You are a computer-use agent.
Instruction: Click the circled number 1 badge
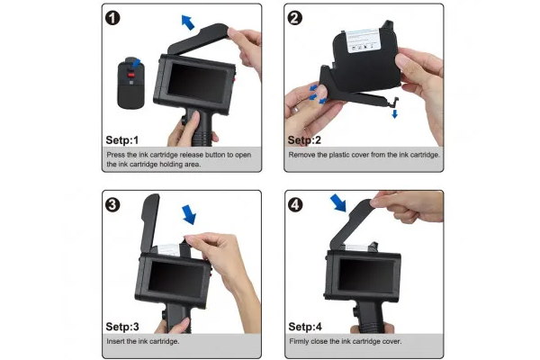pyautogui.click(x=112, y=18)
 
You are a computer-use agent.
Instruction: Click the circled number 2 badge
pyautogui.click(x=295, y=18)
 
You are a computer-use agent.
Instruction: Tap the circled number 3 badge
pyautogui.click(x=112, y=205)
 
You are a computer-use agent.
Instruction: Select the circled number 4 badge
pyautogui.click(x=295, y=205)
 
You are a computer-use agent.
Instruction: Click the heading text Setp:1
pyautogui.click(x=122, y=140)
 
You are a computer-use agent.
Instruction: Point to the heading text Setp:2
pyautogui.click(x=304, y=140)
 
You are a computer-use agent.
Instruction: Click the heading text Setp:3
pyautogui.click(x=122, y=327)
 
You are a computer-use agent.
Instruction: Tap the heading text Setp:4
pyautogui.click(x=305, y=327)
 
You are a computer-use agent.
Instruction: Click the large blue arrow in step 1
pyautogui.click(x=188, y=22)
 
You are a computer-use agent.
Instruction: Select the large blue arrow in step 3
pyautogui.click(x=189, y=214)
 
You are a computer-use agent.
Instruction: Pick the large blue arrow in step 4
pyautogui.click(x=338, y=202)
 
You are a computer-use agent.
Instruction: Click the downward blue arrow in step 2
pyautogui.click(x=395, y=113)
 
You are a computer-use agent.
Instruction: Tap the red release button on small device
pyautogui.click(x=131, y=74)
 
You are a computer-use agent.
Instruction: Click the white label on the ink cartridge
pyautogui.click(x=364, y=40)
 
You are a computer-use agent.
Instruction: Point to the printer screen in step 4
pyautogui.click(x=366, y=275)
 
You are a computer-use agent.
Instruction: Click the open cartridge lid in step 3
pyautogui.click(x=150, y=222)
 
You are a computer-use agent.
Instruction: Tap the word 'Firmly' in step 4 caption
pyautogui.click(x=299, y=342)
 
